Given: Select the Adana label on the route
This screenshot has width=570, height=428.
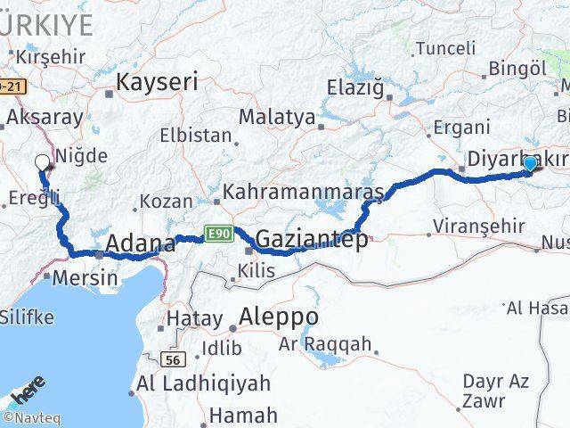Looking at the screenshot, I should tap(140, 243).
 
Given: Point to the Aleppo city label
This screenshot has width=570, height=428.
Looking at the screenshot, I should tap(279, 317).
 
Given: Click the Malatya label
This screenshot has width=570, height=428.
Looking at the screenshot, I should tap(277, 117).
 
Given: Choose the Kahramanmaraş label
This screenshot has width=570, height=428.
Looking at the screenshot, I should tap(303, 192).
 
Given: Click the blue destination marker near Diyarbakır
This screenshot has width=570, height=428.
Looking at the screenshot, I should tap(530, 163).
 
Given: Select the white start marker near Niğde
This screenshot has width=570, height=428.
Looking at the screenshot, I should tap(42, 162).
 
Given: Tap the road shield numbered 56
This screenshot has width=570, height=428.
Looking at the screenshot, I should tap(174, 359).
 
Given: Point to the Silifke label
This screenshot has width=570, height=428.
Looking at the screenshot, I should tap(26, 317).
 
